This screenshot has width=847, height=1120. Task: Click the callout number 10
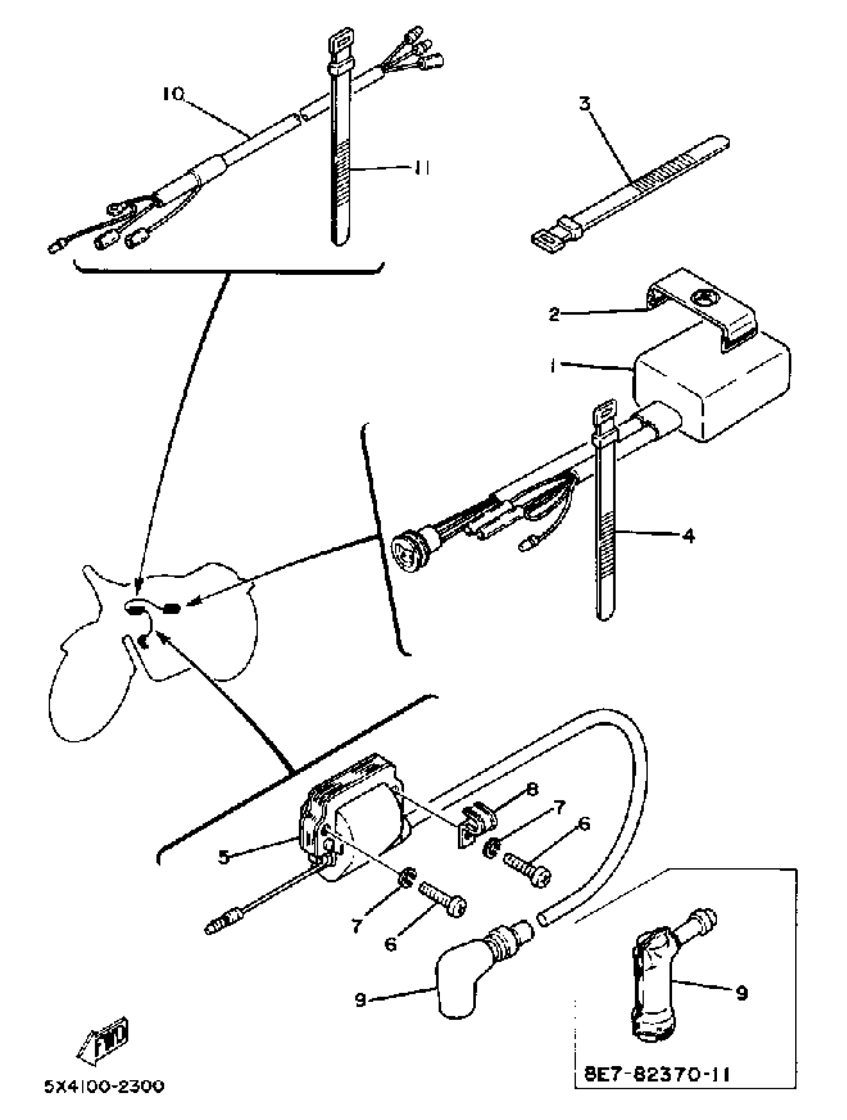[x=173, y=94]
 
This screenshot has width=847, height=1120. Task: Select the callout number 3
[x=585, y=104]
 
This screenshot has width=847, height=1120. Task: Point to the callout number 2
[x=555, y=314]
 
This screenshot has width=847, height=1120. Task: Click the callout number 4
[x=689, y=536]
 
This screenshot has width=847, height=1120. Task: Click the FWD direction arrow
[x=104, y=1040]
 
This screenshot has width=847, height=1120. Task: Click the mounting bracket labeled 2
[x=704, y=309]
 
